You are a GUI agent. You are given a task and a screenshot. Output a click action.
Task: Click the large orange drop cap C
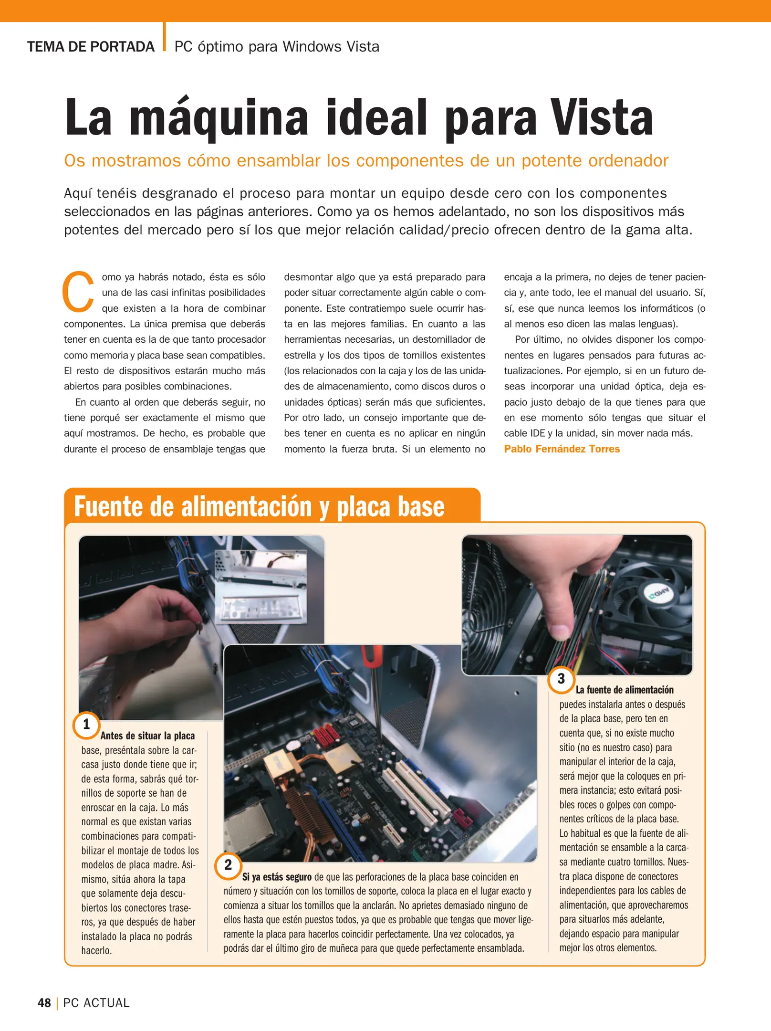[x=78, y=291]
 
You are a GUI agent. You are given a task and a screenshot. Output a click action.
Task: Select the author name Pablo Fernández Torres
[x=562, y=449]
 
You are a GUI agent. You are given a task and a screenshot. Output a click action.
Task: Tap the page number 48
[x=44, y=1003]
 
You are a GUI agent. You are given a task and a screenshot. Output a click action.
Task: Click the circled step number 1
[x=86, y=725]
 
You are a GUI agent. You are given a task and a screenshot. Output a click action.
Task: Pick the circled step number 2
[x=228, y=864]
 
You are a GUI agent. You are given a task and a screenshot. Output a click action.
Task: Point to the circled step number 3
[x=561, y=679]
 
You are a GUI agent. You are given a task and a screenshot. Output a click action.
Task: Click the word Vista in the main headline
[x=602, y=117]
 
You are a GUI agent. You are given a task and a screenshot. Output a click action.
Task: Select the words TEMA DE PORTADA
[x=91, y=47]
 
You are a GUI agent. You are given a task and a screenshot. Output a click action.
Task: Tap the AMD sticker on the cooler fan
[x=659, y=594]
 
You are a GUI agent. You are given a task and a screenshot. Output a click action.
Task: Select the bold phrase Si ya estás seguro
[x=277, y=877]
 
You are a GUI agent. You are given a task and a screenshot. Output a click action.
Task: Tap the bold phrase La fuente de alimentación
[x=625, y=690]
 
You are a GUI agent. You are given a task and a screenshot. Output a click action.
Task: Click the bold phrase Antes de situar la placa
[x=147, y=736]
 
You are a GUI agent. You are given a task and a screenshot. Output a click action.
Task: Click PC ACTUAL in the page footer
[x=96, y=1003]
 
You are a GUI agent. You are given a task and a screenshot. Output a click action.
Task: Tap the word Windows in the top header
[x=312, y=47]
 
